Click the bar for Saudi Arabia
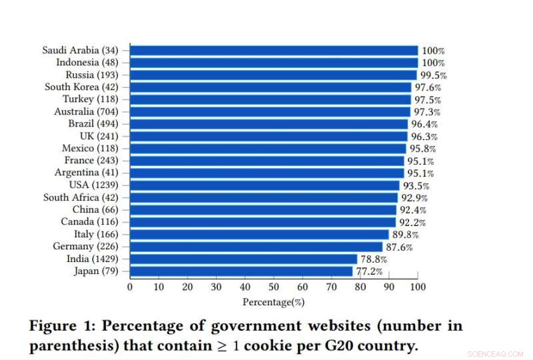click(273, 50)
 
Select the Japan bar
click(241, 271)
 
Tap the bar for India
click(243, 259)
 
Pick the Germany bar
click(256, 247)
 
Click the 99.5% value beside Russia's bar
click(432, 75)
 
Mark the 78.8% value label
click(374, 259)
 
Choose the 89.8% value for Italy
click(405, 235)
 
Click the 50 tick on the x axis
click(274, 287)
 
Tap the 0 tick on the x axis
click(130, 287)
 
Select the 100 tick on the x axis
click(418, 287)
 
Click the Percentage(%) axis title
click(273, 301)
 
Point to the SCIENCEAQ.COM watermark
click(497, 353)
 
